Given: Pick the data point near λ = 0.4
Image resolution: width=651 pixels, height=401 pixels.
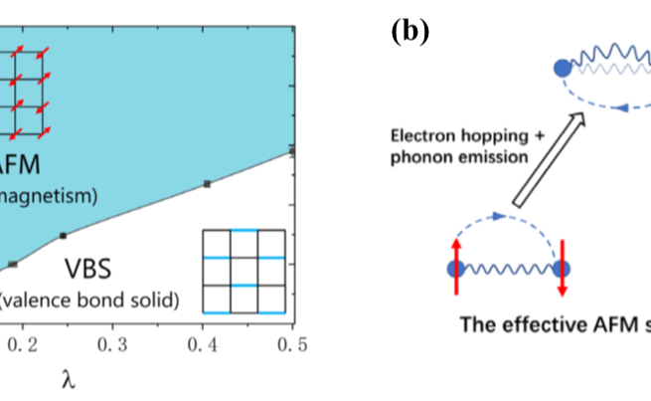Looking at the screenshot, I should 207,184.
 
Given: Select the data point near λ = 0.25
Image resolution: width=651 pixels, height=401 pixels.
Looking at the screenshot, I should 63,235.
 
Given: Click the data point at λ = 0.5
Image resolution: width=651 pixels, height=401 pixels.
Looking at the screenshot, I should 292,150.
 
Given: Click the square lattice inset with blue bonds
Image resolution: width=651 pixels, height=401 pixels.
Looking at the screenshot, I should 244,271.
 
